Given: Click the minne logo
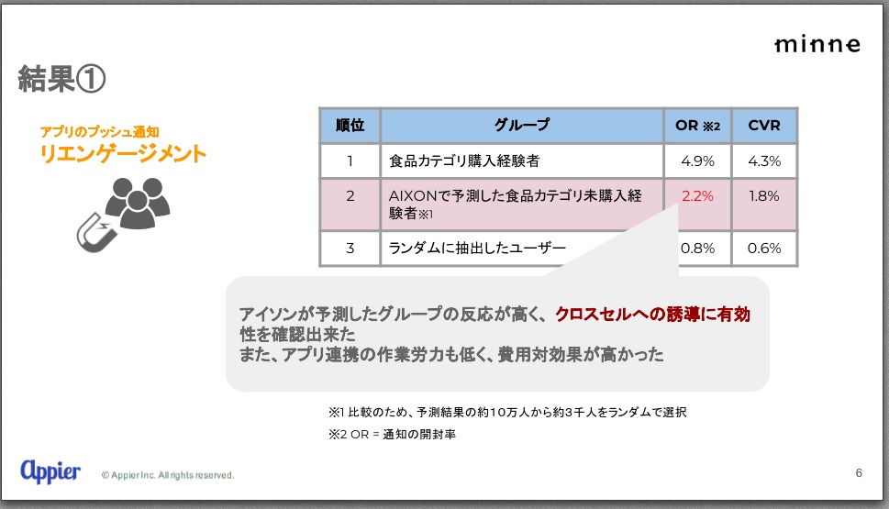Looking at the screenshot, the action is [817, 44].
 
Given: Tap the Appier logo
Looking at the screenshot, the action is [50, 470].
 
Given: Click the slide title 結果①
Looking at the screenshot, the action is [61, 78].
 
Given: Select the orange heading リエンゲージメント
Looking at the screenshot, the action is [123, 153].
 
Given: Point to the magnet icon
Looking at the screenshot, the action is [96, 232].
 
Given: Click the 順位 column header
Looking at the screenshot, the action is [350, 126].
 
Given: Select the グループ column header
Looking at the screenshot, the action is [522, 126].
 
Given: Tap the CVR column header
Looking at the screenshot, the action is [763, 126].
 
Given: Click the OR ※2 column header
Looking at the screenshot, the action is [697, 126].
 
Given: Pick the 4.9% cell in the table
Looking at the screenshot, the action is [697, 161].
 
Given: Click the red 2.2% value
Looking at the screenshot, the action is [697, 196].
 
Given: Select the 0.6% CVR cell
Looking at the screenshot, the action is [763, 249].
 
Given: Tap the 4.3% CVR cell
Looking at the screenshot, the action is [763, 161].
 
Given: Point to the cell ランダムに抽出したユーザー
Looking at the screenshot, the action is [477, 249].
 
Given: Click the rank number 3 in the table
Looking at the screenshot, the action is [350, 249].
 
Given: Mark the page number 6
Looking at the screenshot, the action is [859, 472].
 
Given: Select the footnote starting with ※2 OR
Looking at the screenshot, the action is [392, 434].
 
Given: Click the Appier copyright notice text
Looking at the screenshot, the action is [168, 475].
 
